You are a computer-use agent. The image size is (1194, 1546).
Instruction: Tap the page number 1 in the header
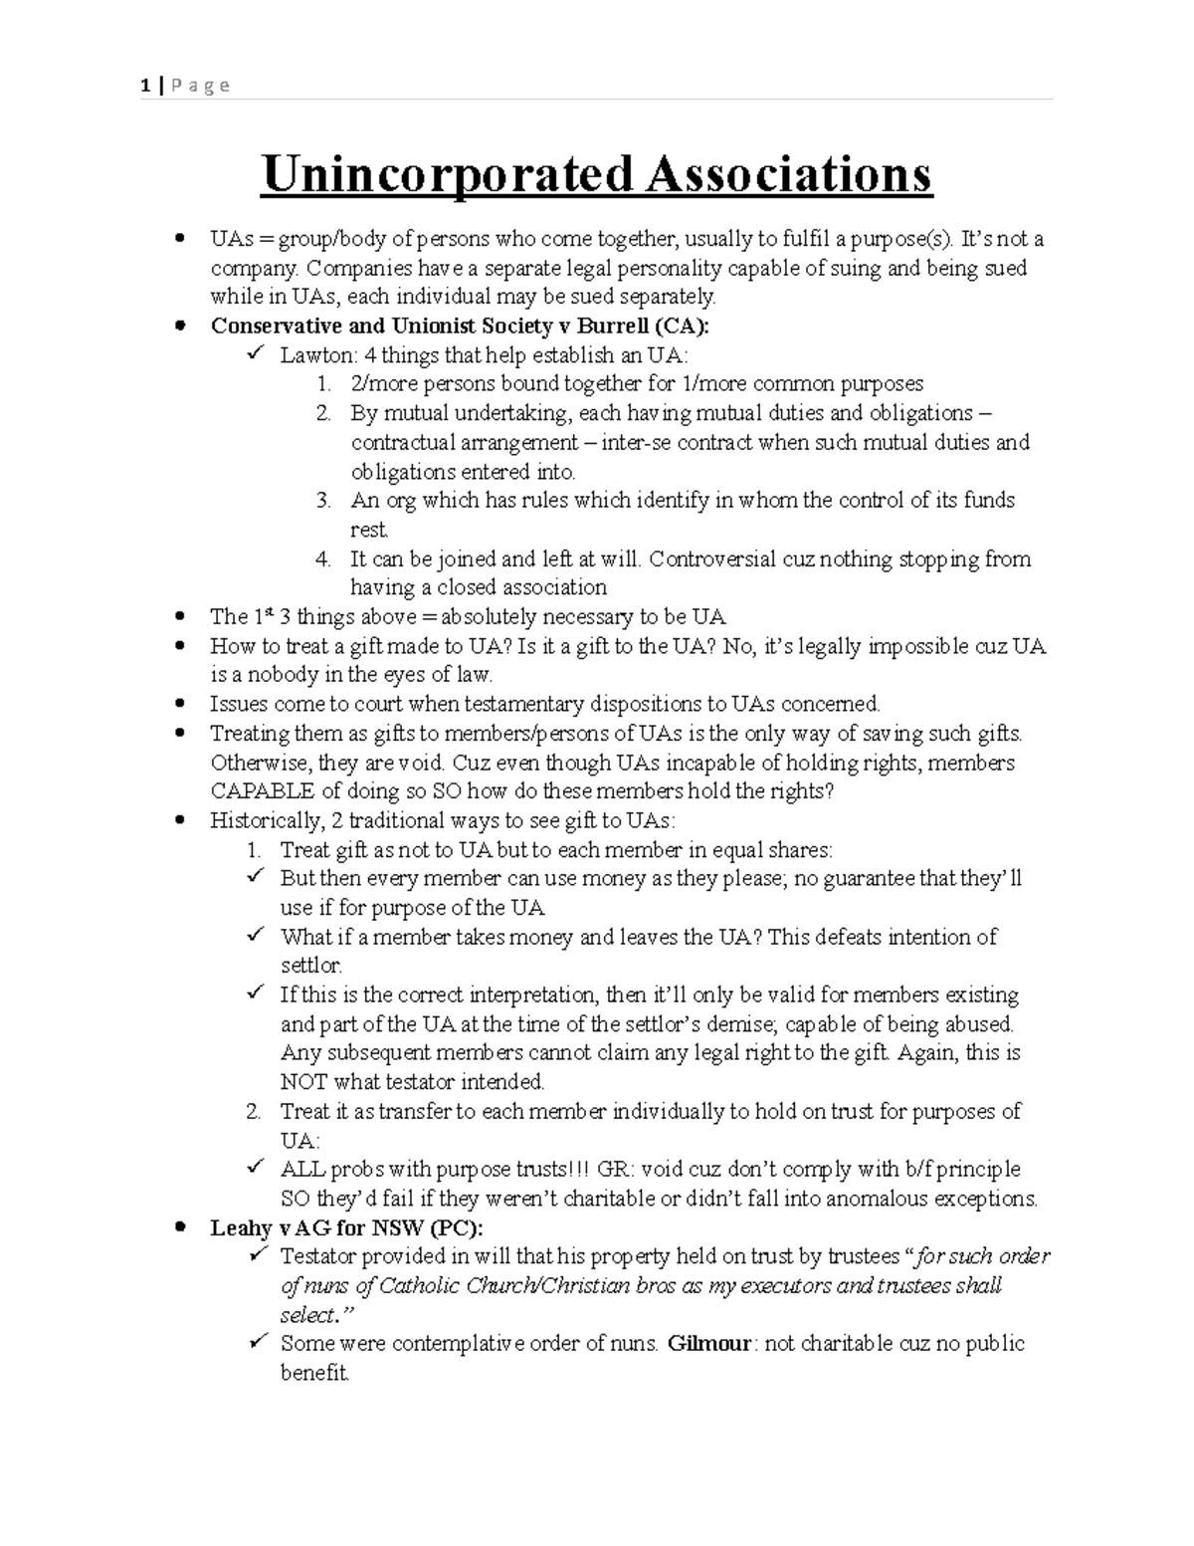pos(145,86)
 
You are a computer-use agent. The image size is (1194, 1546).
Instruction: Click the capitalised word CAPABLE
pos(261,791)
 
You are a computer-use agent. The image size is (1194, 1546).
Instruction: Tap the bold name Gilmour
pos(708,1344)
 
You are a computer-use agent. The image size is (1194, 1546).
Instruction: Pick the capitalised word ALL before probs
pos(302,1170)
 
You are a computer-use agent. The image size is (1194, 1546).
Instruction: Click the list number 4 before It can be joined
pos(322,559)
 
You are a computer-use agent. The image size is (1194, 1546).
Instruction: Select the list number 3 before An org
pos(322,501)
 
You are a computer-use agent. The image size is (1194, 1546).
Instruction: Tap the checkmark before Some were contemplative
pos(256,1343)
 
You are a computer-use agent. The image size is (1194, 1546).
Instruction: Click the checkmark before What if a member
pos(256,936)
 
